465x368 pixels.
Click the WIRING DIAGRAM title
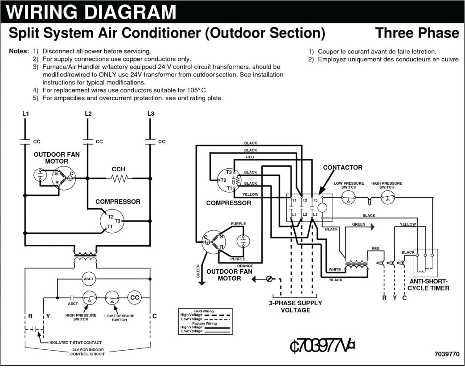coord(91,12)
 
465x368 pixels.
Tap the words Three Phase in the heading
coord(416,33)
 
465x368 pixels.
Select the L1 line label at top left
coord(26,114)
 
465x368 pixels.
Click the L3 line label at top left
coord(151,114)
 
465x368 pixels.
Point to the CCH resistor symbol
coord(119,178)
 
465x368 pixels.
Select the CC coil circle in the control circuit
coord(134,297)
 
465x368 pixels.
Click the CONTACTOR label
coord(342,168)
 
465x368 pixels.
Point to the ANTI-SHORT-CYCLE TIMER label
coord(428,284)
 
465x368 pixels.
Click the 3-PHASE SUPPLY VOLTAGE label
coord(295,307)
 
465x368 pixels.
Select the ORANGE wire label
coord(245,266)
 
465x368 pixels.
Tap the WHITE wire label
coord(334,270)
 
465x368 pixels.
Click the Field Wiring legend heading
coord(203,311)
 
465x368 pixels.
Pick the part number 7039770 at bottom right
coord(446,354)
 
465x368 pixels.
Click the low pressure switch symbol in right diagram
coord(349,199)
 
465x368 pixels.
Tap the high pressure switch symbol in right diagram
coord(387,199)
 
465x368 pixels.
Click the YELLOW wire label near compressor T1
coord(250,194)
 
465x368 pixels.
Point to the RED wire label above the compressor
coord(250,158)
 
